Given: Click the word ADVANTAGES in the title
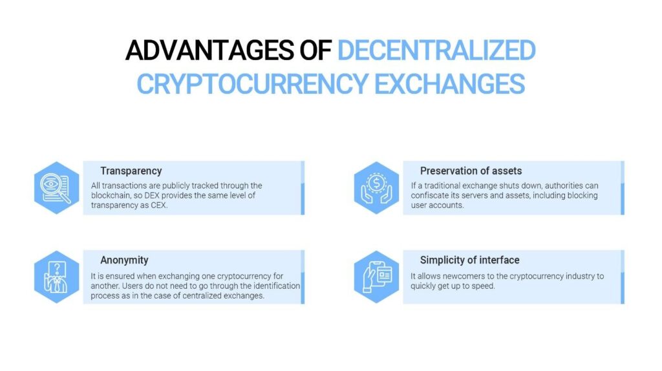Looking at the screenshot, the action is (x=209, y=50).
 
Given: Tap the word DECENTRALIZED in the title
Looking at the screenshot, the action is (x=436, y=50).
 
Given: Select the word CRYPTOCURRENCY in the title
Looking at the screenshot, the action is (x=253, y=83).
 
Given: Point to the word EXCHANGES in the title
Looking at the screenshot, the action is (x=450, y=83).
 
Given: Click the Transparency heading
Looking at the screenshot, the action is (x=131, y=171).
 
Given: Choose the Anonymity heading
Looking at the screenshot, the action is (x=124, y=260).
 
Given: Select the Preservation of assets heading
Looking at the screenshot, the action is (x=471, y=171).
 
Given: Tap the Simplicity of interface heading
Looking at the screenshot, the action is (x=469, y=260).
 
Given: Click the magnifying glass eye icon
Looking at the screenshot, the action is (x=56, y=188).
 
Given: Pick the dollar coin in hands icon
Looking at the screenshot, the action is (x=376, y=188).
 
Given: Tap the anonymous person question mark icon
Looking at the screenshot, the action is (x=56, y=277).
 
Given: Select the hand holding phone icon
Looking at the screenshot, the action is (x=377, y=277).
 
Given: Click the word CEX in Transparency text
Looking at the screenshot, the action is (x=158, y=205).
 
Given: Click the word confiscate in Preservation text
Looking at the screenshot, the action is (x=429, y=195).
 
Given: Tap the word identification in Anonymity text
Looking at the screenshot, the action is (x=277, y=286).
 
